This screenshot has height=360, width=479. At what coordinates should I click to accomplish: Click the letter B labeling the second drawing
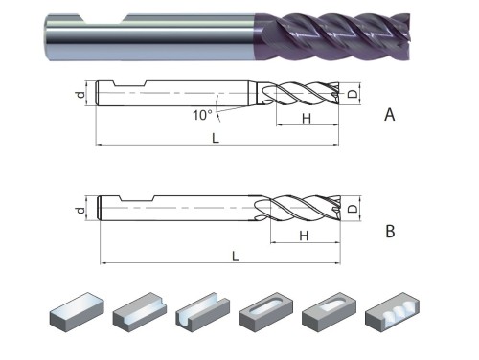(x=389, y=232)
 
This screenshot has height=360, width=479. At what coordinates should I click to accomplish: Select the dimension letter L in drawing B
(x=234, y=256)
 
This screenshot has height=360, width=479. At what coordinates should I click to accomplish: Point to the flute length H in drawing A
(x=306, y=118)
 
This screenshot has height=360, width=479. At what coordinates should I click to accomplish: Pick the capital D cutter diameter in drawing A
(x=354, y=93)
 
